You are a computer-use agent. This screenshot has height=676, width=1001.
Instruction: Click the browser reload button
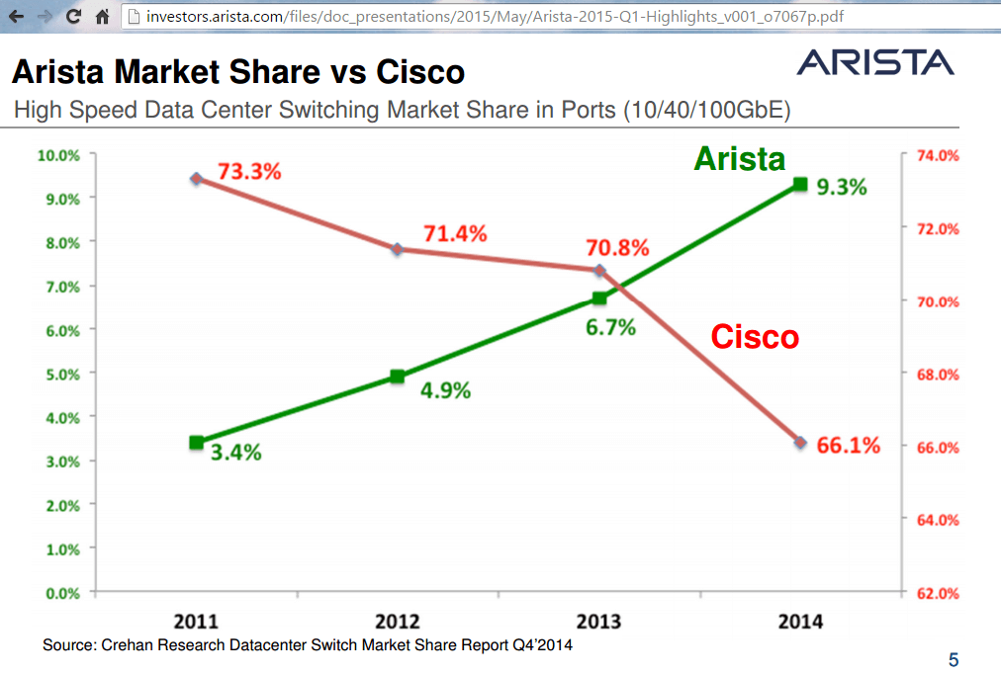72,17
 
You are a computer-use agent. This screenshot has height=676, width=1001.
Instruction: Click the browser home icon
101,17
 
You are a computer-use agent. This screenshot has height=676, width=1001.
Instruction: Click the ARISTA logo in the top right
875,62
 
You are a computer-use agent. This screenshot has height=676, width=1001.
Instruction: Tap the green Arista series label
739,159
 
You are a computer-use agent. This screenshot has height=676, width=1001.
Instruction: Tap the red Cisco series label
755,337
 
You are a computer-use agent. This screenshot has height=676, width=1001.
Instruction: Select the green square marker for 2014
801,184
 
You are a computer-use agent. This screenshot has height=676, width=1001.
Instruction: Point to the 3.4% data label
235,453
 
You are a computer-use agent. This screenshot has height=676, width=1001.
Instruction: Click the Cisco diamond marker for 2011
196,179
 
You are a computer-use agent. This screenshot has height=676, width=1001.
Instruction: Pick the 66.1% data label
849,446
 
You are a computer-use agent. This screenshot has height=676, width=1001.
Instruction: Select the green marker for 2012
397,377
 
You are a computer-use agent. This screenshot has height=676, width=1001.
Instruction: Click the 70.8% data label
618,247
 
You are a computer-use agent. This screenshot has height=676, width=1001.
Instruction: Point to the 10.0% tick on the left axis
57,155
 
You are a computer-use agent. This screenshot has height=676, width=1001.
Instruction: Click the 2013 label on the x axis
598,622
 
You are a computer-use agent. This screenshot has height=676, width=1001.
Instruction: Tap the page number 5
953,659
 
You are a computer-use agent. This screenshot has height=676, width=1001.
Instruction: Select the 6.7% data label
610,328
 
